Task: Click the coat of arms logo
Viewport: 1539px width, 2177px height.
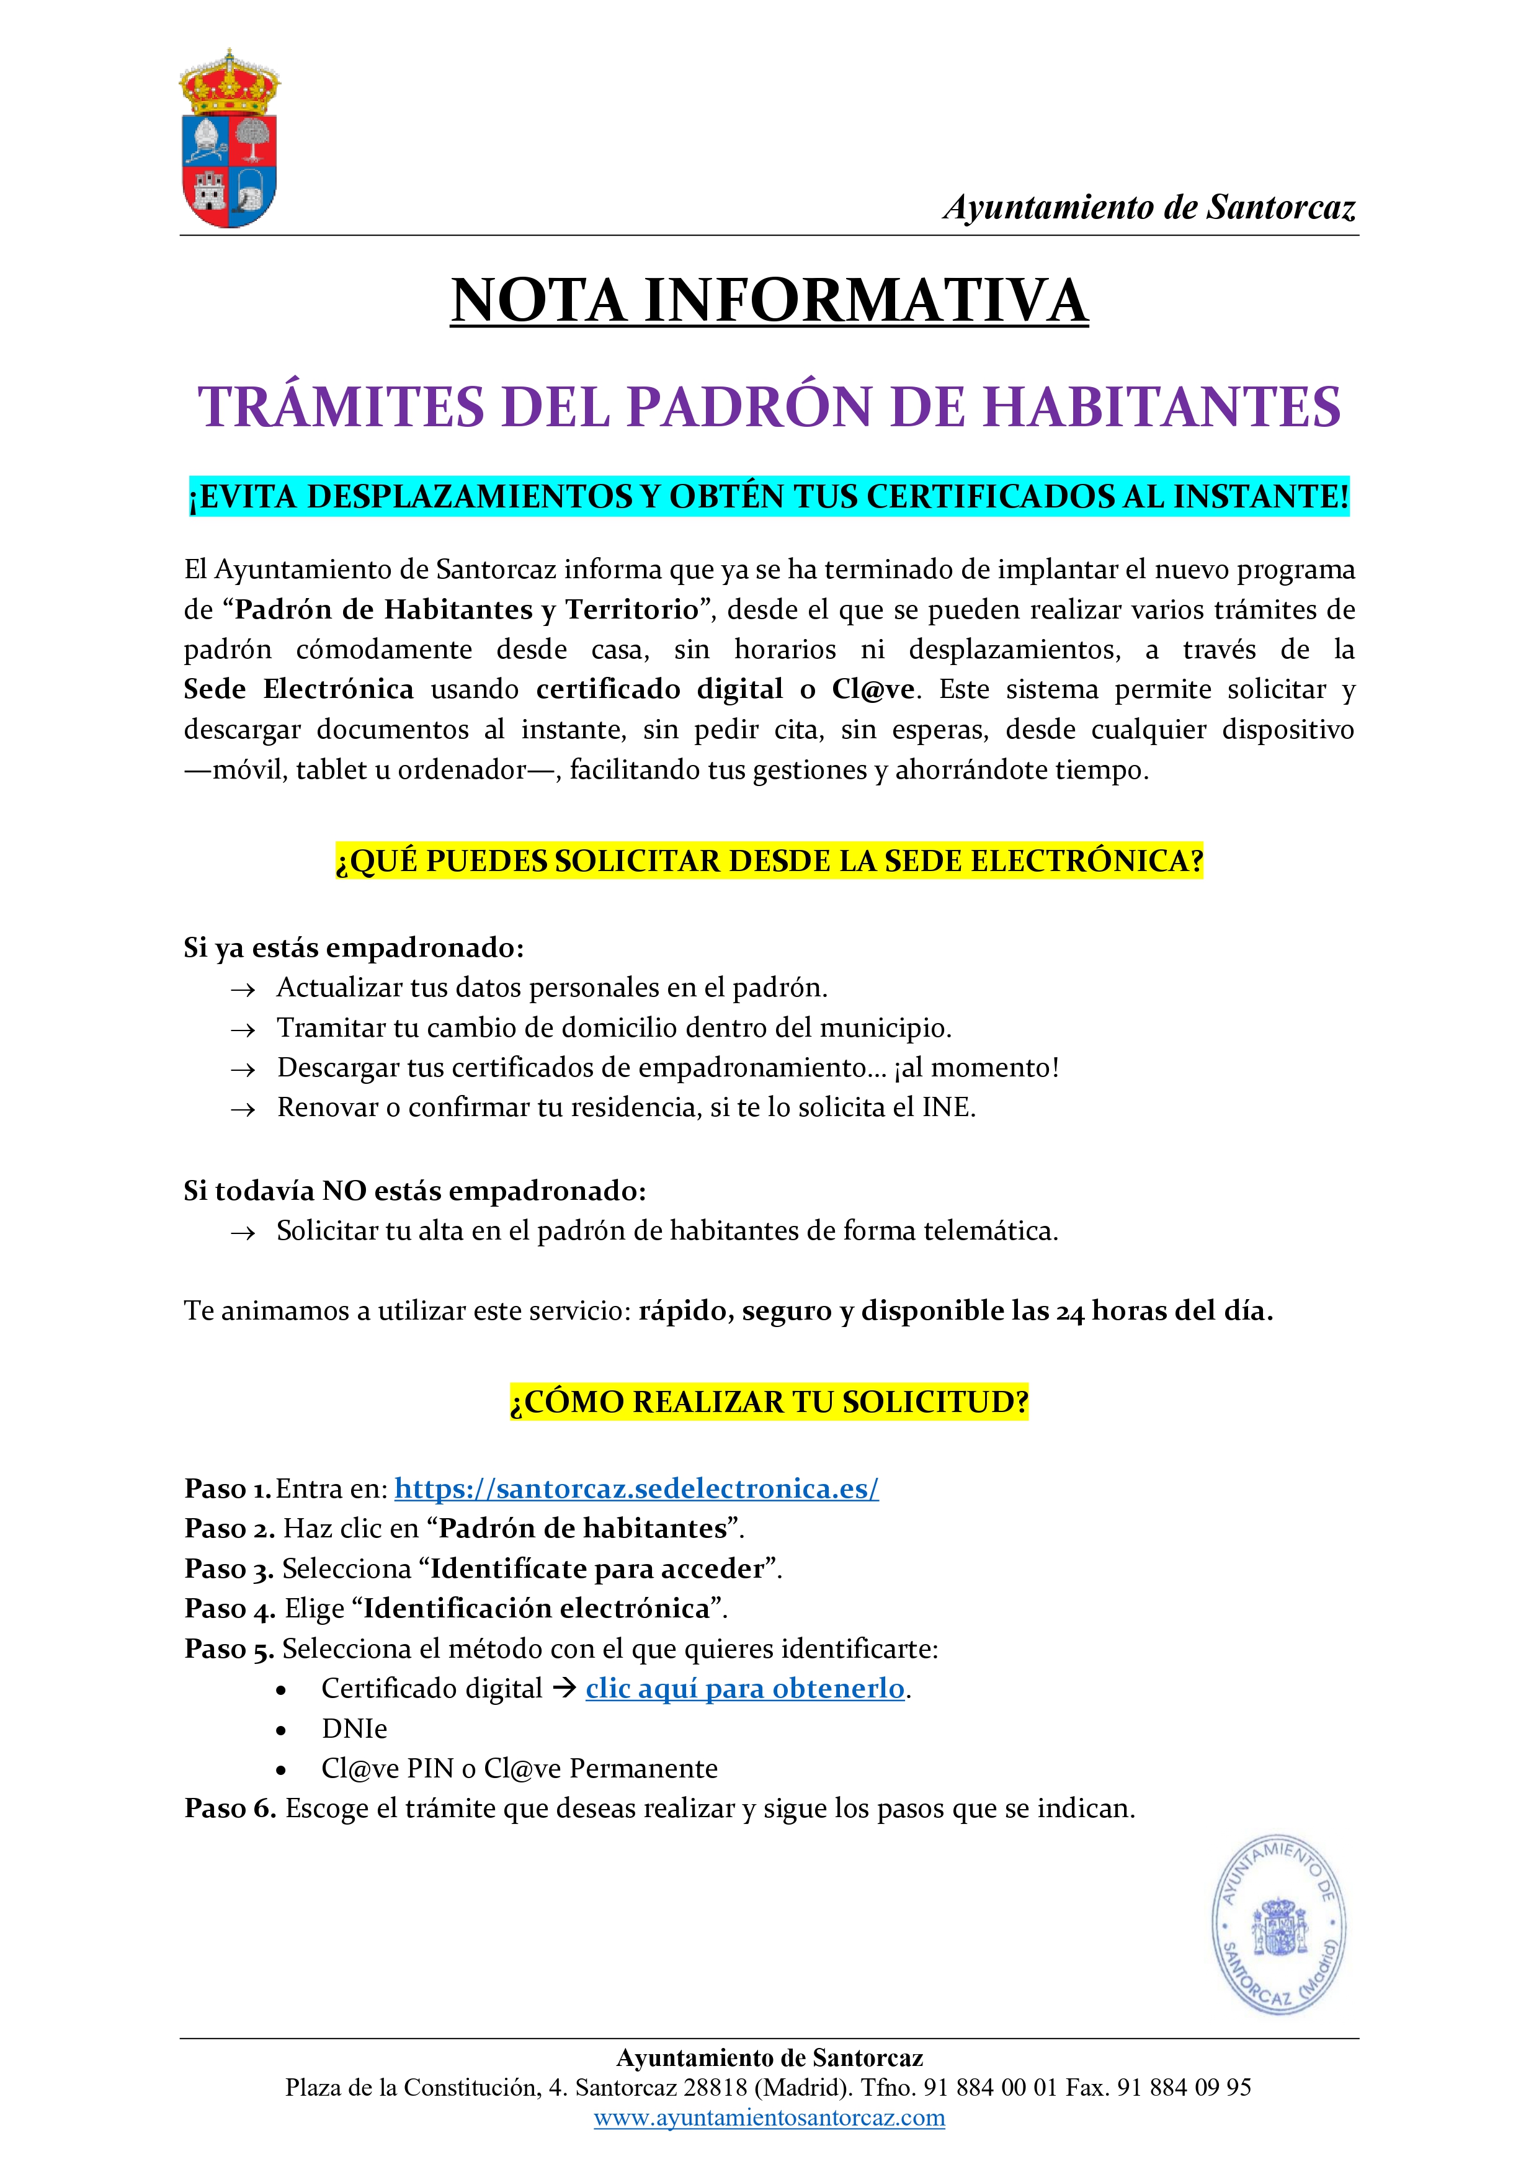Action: (230, 140)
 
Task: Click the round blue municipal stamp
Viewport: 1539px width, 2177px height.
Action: (1279, 1924)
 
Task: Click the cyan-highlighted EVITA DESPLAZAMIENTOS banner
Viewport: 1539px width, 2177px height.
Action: (769, 496)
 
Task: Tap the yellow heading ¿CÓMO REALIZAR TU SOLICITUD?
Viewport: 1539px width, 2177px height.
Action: (769, 1401)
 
